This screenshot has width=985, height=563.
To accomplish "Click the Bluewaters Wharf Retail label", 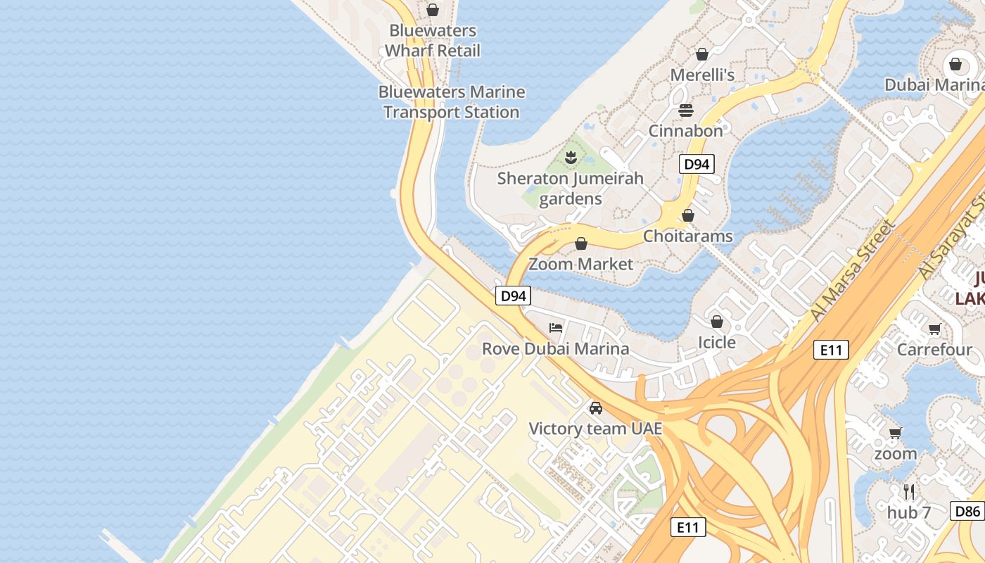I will click(x=432, y=41).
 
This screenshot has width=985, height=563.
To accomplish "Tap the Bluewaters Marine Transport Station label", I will click(x=451, y=102).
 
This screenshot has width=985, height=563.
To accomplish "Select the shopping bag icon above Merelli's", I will click(x=701, y=54).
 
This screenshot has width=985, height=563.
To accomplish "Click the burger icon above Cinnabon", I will click(x=685, y=110).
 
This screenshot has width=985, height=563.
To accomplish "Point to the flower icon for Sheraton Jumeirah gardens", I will click(x=571, y=158).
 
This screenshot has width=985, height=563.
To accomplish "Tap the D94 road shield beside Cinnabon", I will click(x=697, y=165).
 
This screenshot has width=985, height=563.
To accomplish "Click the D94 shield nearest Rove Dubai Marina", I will click(x=513, y=296).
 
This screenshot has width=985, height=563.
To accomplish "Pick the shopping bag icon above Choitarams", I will click(x=688, y=215).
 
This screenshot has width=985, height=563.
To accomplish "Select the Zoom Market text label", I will click(x=580, y=264).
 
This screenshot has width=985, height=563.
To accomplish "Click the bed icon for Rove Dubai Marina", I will click(x=556, y=328).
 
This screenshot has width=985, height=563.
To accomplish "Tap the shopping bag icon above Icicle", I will click(x=716, y=322).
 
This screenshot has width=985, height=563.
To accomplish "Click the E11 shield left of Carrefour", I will click(x=830, y=350).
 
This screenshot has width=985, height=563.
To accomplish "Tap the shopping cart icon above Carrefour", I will click(x=934, y=329).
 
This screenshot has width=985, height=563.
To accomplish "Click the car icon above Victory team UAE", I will click(x=595, y=408).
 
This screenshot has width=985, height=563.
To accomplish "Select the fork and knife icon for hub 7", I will click(x=909, y=491).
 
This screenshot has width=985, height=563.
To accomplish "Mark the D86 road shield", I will click(x=967, y=512).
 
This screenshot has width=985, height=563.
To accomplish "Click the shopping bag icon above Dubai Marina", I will click(x=955, y=65).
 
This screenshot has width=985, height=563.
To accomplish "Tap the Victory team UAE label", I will click(x=595, y=429).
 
